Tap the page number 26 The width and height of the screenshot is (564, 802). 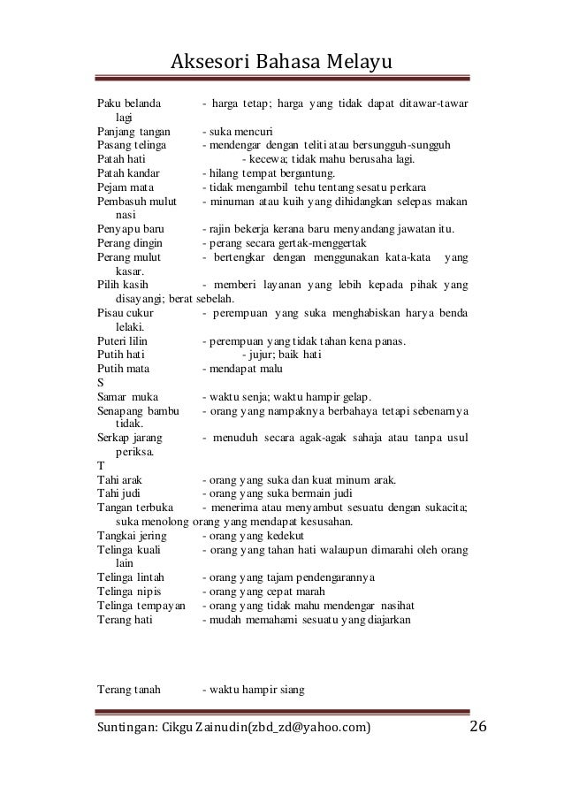pos(478,728)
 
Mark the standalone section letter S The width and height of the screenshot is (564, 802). pos(100,384)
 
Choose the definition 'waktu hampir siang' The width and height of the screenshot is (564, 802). pos(253,691)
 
